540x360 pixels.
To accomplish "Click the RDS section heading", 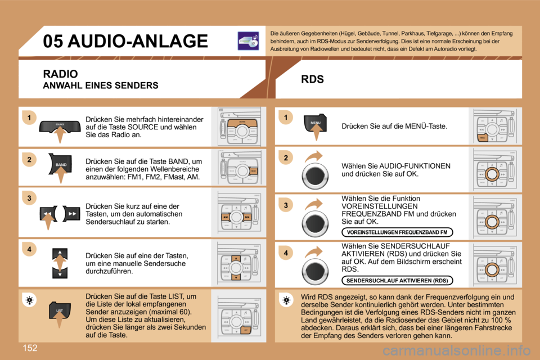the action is (x=312, y=79).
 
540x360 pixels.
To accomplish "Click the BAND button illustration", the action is (x=61, y=164).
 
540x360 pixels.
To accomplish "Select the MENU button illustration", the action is (x=315, y=122).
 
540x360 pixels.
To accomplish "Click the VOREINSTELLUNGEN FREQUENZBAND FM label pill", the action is (x=397, y=232).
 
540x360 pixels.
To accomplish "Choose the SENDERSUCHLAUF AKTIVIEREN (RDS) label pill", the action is (x=397, y=280).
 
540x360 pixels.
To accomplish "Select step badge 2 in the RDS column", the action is (x=285, y=158).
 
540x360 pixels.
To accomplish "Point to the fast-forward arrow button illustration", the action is (x=72, y=215).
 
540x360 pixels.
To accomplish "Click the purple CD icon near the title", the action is (x=248, y=40).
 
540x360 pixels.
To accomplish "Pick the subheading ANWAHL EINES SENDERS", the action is (x=101, y=86).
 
